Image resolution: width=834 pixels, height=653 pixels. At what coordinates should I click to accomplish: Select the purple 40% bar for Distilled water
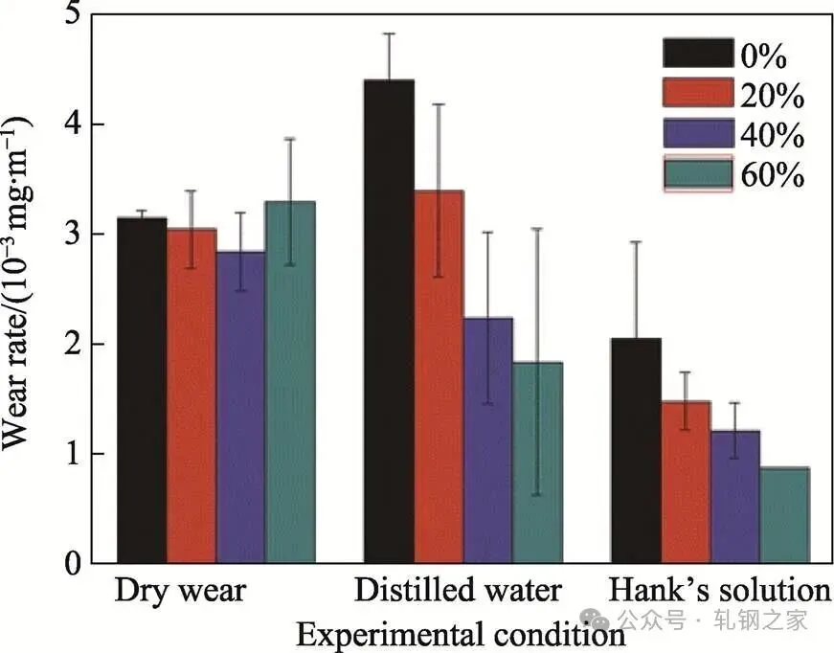488,439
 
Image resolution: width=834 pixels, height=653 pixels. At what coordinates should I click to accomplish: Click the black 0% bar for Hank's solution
636,450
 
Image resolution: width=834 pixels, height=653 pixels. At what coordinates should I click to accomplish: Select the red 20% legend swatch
697,95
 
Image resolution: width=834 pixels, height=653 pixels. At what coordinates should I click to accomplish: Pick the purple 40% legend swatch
697,134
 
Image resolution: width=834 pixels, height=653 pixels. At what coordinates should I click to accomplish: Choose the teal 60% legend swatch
697,173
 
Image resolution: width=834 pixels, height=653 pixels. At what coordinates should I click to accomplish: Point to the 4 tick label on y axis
74,124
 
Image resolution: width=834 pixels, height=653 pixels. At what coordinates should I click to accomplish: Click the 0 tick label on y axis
74,563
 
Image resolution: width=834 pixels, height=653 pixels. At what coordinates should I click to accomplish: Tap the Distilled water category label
458,591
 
